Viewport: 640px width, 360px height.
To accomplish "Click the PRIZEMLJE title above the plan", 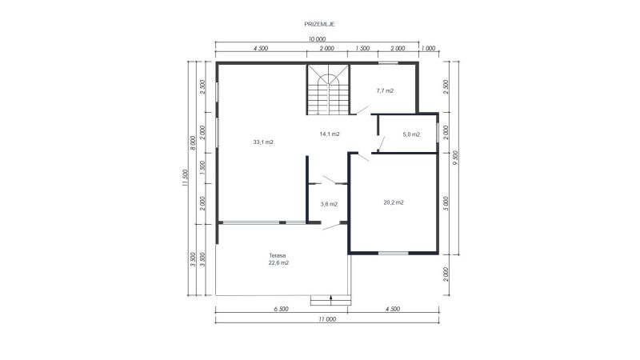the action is pyautogui.click(x=319, y=24).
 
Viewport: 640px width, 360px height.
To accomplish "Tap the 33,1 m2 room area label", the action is pyautogui.click(x=263, y=142).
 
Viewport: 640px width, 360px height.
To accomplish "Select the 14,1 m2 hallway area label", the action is pyautogui.click(x=330, y=134).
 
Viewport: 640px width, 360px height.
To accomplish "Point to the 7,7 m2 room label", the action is pyautogui.click(x=385, y=90).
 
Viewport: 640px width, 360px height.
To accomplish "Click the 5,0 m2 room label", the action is pyautogui.click(x=411, y=134).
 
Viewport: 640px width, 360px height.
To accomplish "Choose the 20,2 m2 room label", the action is pyautogui.click(x=394, y=202).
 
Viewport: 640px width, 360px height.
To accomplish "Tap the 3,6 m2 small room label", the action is pyautogui.click(x=329, y=204).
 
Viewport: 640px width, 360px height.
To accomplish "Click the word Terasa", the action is pyautogui.click(x=278, y=255).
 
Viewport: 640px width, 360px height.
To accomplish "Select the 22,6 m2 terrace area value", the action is pyautogui.click(x=278, y=263).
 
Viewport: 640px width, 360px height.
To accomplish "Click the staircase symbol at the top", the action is pyautogui.click(x=328, y=90).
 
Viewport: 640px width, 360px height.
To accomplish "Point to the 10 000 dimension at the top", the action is pyautogui.click(x=317, y=39).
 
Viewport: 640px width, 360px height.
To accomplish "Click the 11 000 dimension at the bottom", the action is pyautogui.click(x=327, y=319).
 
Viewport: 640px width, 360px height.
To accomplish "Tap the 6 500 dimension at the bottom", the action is pyautogui.click(x=282, y=309).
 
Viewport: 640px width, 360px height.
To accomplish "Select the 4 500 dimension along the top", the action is pyautogui.click(x=261, y=48).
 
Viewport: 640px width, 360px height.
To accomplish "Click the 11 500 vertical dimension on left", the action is pyautogui.click(x=185, y=178).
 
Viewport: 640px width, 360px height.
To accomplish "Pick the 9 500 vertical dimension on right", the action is pyautogui.click(x=455, y=158).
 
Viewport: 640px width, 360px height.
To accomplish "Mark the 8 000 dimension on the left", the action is pyautogui.click(x=194, y=143).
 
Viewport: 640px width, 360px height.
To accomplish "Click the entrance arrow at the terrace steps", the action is pyautogui.click(x=331, y=299).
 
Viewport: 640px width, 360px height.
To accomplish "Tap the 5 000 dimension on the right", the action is pyautogui.click(x=446, y=203).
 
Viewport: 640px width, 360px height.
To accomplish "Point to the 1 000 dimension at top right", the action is pyautogui.click(x=428, y=48).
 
